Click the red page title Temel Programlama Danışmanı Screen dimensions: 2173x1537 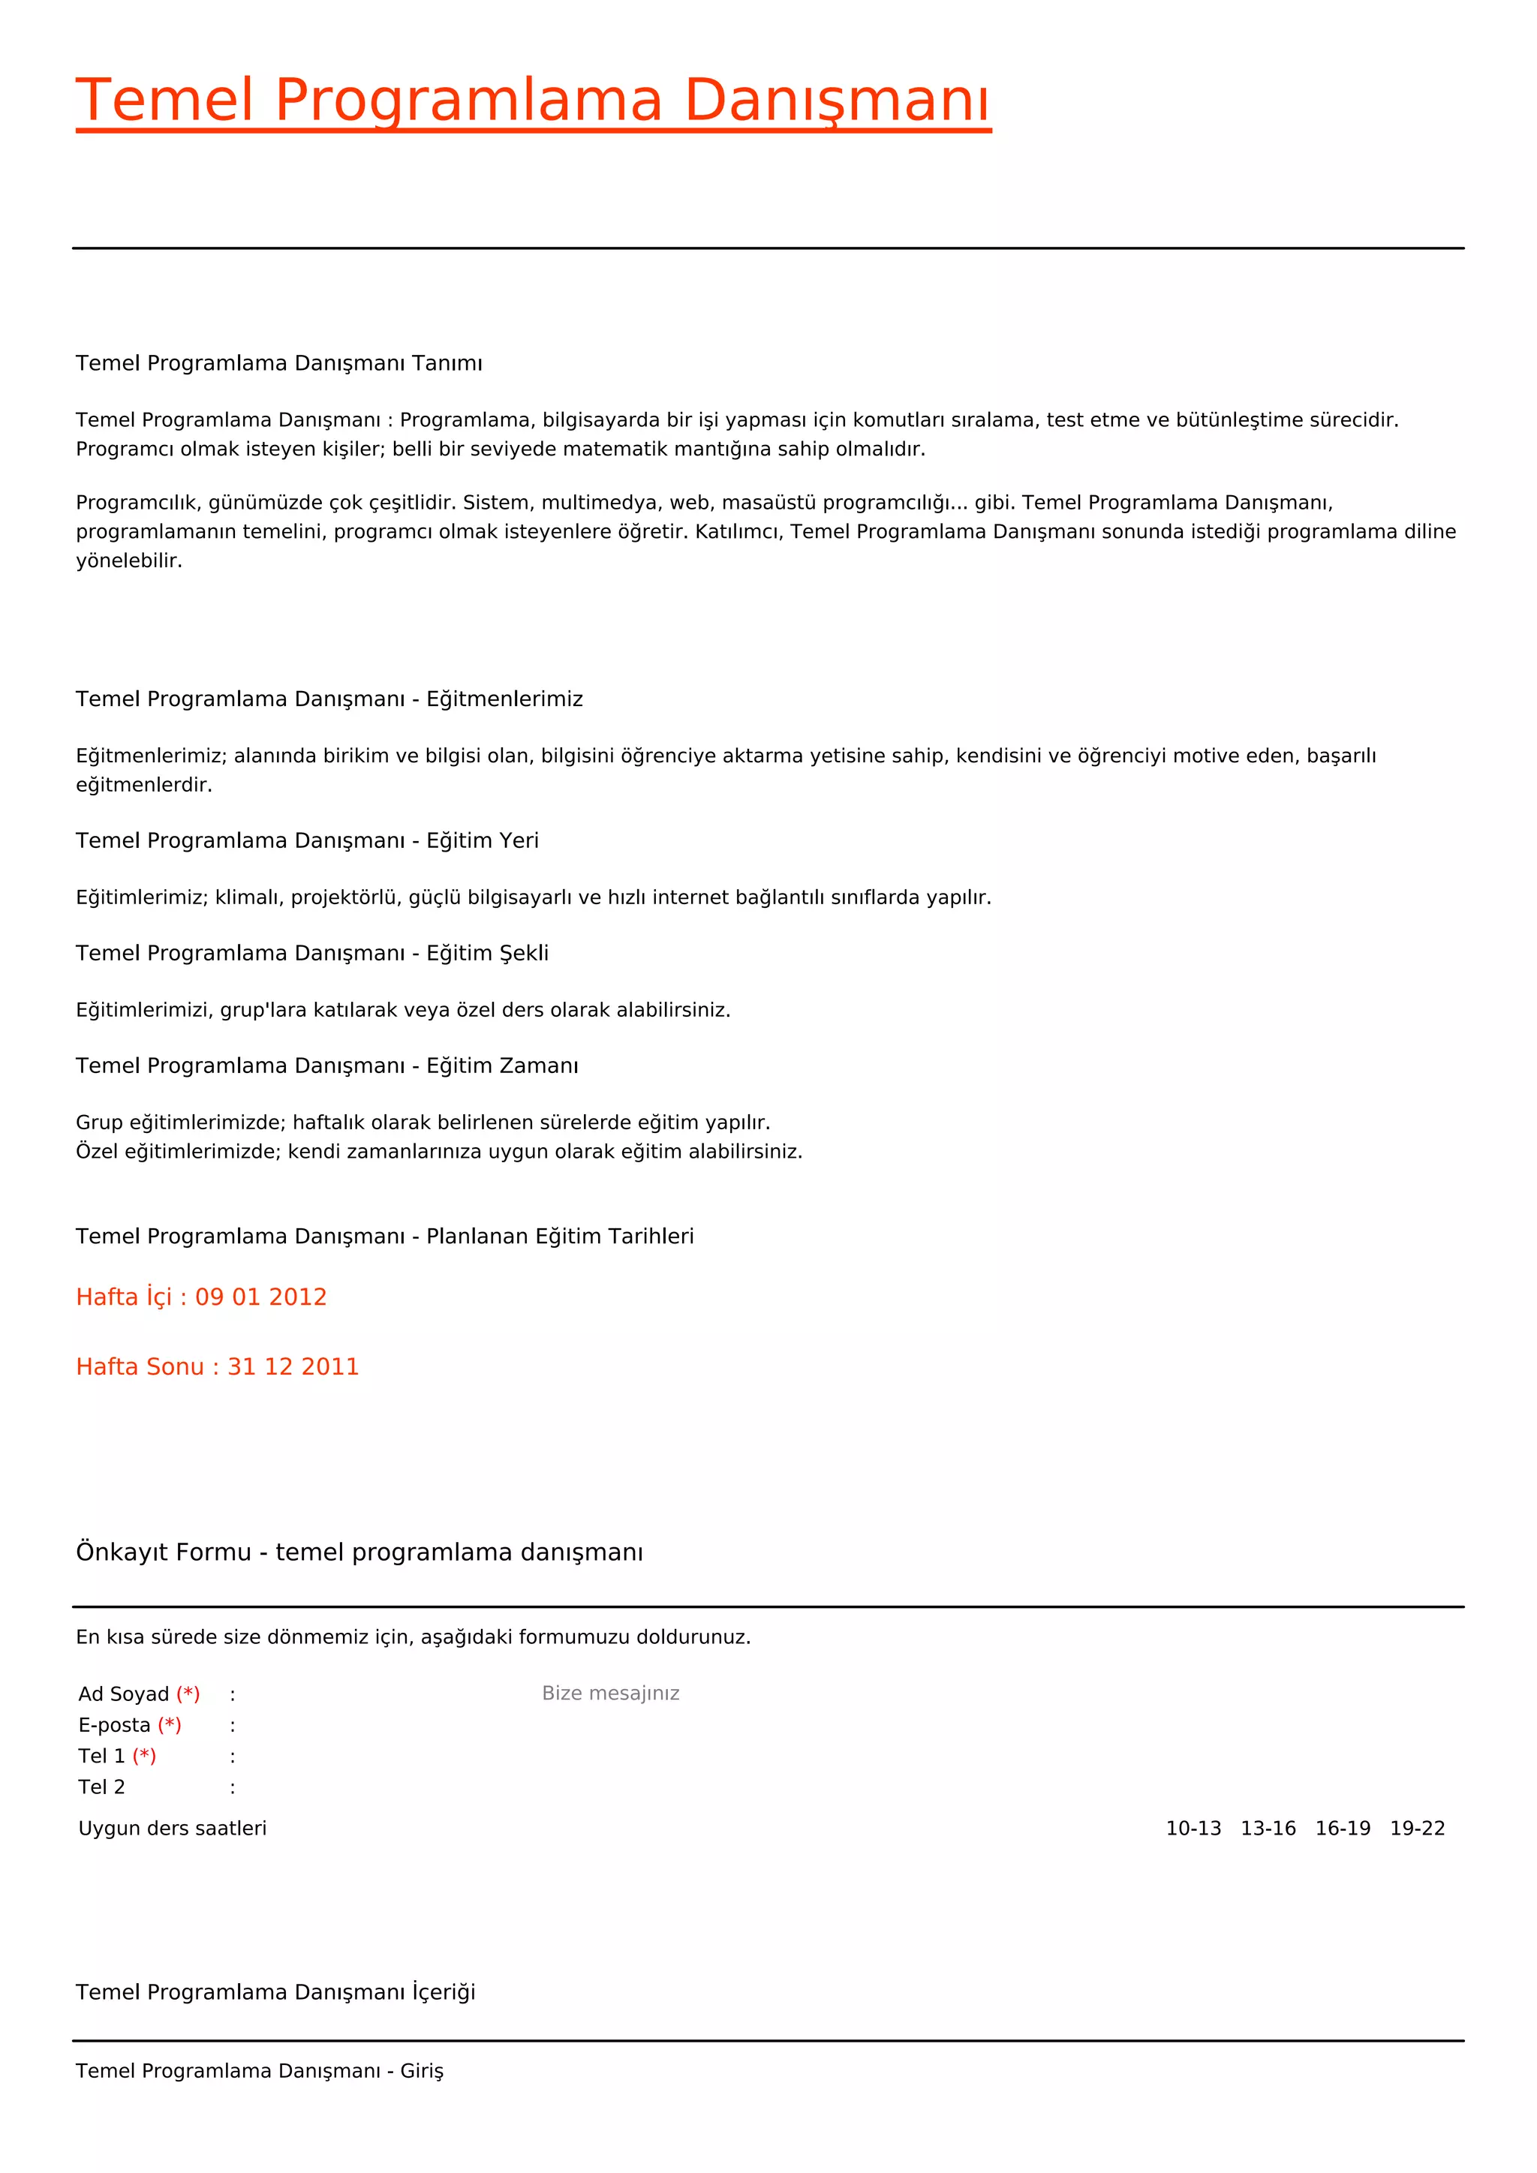[x=533, y=101]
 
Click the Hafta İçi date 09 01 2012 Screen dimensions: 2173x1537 [x=260, y=1297]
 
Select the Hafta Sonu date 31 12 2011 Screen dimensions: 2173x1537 [x=293, y=1366]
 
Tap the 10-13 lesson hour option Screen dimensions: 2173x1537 [x=1193, y=1829]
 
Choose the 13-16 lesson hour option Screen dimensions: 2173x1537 [x=1268, y=1829]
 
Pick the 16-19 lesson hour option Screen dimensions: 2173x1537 [x=1342, y=1829]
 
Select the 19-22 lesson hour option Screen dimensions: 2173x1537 [x=1417, y=1829]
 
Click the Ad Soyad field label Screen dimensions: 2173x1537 [x=124, y=1694]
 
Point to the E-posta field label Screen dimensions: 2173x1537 [x=115, y=1725]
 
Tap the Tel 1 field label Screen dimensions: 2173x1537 [x=101, y=1757]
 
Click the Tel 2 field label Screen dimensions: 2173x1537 [x=101, y=1787]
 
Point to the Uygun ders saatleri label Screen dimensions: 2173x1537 [x=173, y=1829]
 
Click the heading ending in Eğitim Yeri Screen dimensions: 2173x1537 [x=308, y=840]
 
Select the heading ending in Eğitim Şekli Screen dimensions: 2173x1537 [x=312, y=953]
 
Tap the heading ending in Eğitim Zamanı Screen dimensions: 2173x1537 [x=326, y=1065]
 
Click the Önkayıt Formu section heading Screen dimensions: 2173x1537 [x=359, y=1552]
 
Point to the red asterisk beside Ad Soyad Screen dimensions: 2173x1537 [x=188, y=1694]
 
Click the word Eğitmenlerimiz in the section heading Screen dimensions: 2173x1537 [x=504, y=699]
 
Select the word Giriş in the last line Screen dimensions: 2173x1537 [x=421, y=2071]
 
